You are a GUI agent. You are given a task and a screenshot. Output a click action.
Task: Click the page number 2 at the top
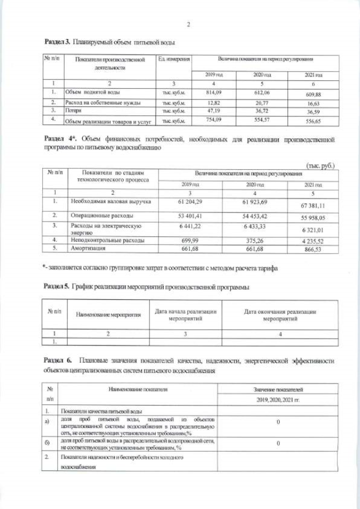pyautogui.click(x=188, y=24)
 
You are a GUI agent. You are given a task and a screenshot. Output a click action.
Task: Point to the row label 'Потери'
pyautogui.click(x=77, y=111)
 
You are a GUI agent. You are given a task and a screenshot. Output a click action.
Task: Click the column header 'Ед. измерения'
pyautogui.click(x=174, y=59)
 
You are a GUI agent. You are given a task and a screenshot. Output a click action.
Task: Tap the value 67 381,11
pyautogui.click(x=313, y=206)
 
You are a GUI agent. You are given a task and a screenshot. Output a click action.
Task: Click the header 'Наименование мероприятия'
pyautogui.click(x=108, y=314)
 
